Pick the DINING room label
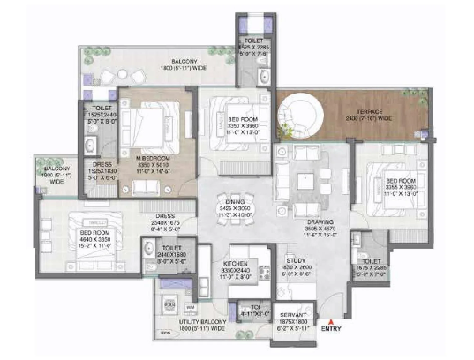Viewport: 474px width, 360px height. click(234, 200)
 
